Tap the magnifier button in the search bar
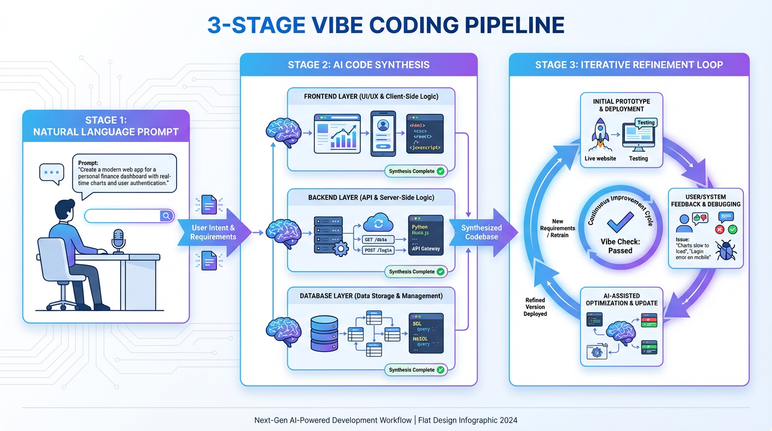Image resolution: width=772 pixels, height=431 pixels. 166,216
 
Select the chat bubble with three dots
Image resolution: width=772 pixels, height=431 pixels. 52,173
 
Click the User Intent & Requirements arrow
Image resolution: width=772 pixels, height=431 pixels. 213,232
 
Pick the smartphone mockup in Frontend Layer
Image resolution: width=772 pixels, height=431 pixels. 383,133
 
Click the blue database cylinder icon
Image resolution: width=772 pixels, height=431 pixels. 324,333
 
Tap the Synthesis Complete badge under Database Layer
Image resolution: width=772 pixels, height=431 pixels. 416,370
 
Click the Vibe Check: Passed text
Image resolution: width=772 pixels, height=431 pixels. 620,246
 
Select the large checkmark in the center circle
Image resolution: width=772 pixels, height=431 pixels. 620,221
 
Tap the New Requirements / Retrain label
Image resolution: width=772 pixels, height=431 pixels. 557,228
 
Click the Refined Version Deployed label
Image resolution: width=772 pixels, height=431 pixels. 535,307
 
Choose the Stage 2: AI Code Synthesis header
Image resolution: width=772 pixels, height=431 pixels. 359,65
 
